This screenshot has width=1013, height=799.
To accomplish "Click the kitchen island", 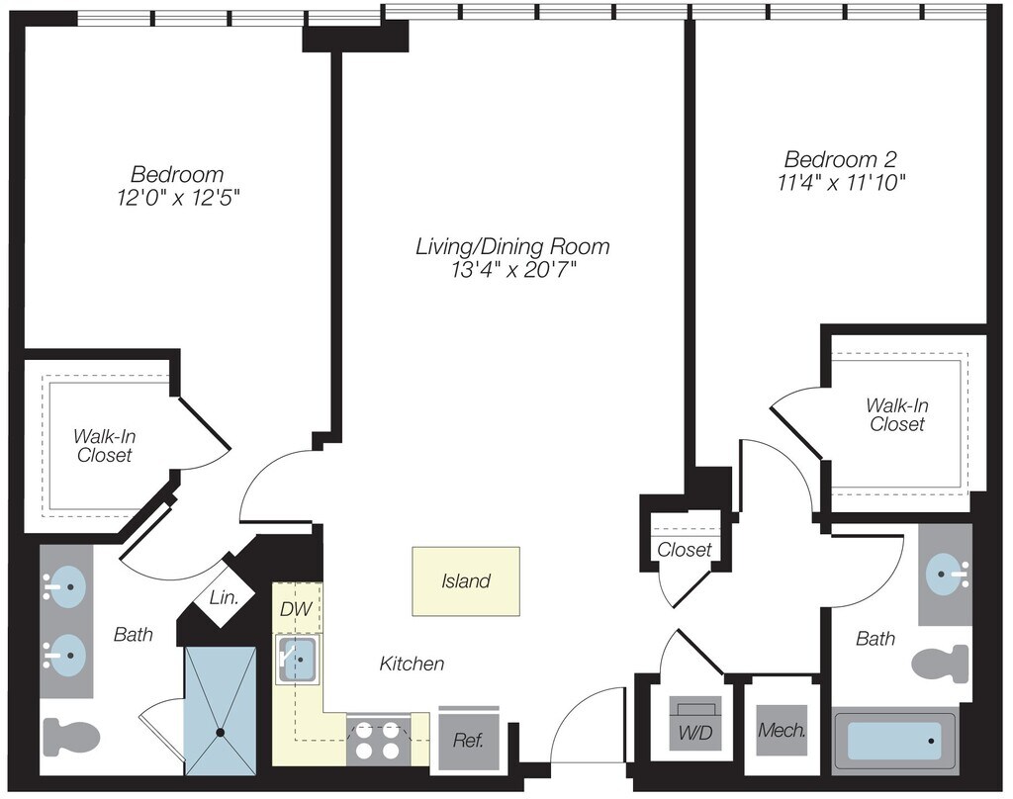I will click(465, 581).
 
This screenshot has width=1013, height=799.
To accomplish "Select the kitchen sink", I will click(297, 656).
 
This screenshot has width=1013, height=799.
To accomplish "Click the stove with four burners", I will click(377, 739).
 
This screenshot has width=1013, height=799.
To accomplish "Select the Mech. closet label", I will click(782, 732).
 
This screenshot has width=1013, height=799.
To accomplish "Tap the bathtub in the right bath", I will click(894, 740).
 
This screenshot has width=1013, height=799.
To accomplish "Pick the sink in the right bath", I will click(946, 574).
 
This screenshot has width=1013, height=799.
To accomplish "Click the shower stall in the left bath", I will click(221, 710).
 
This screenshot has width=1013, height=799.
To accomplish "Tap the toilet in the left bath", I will click(71, 737).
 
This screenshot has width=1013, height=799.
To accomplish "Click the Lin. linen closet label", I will click(222, 598).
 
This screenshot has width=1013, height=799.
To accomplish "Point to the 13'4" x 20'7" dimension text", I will click(511, 270).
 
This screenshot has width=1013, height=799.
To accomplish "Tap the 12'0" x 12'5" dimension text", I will click(177, 198).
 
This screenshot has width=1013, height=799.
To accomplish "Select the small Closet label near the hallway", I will click(684, 550).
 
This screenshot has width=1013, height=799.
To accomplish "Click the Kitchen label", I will click(412, 664).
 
